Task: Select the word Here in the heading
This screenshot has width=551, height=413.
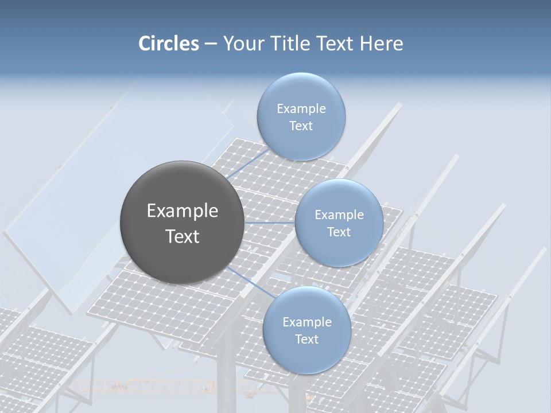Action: pos(381,44)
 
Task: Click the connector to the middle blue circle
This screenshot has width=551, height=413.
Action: pos(270,223)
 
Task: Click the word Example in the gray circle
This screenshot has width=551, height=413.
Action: pos(182,211)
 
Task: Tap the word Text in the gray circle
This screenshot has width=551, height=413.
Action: pos(182,236)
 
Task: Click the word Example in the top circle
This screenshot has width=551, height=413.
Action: pos(301,108)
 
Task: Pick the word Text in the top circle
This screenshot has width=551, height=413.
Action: pos(301,126)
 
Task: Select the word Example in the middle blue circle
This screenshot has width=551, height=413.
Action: pos(339,215)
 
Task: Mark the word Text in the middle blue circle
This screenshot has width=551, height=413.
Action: pos(339,232)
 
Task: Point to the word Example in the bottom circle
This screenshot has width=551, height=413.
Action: pos(306,322)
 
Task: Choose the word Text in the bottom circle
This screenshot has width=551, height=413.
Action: pos(306,339)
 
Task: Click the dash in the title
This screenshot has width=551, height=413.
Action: pos(210,44)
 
